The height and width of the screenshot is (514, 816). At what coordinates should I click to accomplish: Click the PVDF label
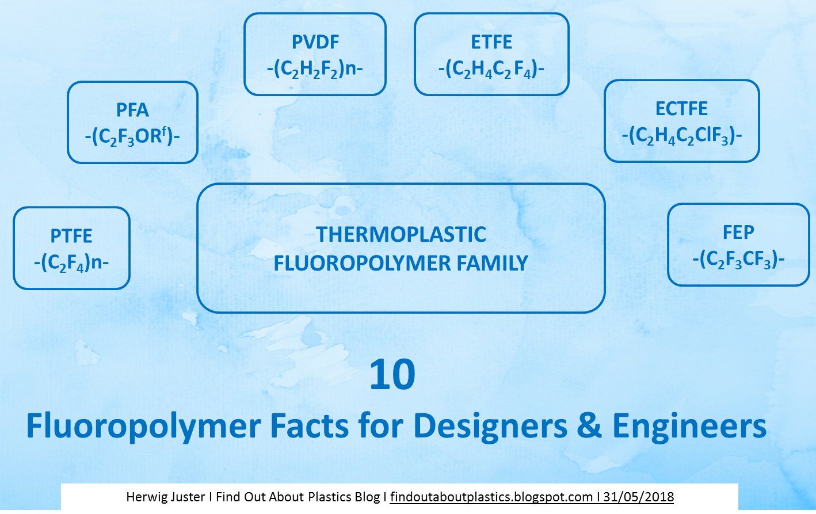pos(315,42)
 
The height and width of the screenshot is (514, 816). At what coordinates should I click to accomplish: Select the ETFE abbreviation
pos(491,42)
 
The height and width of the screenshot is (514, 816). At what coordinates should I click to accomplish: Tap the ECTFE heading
pos(681,109)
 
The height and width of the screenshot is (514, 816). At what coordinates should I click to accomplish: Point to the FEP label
pos(738,233)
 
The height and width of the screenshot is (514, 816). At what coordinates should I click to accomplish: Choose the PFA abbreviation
pos(132,110)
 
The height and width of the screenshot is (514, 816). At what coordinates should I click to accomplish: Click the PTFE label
pos(71,236)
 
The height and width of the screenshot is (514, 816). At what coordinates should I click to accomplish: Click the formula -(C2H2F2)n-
pos(315,70)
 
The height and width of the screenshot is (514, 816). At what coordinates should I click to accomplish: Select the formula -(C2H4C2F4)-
pos(491,70)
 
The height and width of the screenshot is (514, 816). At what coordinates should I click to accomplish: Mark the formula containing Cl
pos(681,136)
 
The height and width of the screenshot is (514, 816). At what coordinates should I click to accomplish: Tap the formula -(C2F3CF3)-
pos(738,260)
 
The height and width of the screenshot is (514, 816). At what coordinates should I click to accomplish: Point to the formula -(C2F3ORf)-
pos(132,138)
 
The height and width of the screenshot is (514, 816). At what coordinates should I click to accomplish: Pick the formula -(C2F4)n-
pos(71,263)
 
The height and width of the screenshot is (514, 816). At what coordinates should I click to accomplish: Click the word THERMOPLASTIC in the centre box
pos(401,235)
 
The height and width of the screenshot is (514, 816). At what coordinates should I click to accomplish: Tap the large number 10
pos(392,375)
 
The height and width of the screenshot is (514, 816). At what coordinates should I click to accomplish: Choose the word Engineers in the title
pos(689,427)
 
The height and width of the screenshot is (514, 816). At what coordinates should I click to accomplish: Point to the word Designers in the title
pos(490,427)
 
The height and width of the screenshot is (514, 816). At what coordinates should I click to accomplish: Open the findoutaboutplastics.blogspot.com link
pos(491,497)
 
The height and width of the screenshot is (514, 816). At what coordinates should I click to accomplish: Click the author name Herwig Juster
pos(165,497)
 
